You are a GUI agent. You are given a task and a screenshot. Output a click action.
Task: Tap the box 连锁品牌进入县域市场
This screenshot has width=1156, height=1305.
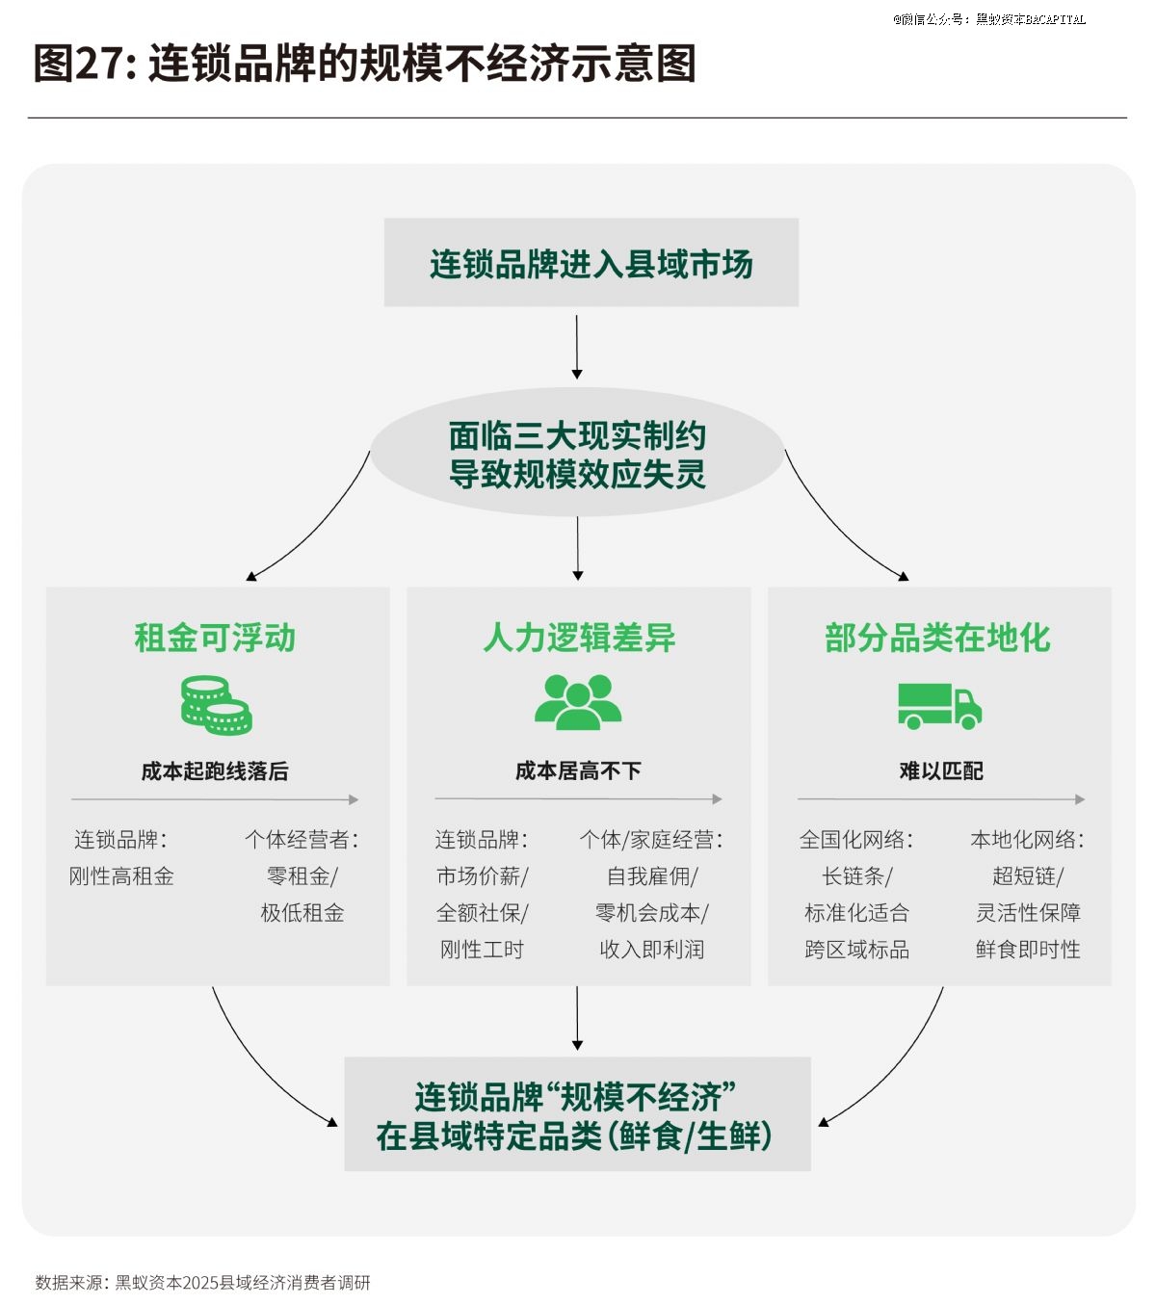[591, 263]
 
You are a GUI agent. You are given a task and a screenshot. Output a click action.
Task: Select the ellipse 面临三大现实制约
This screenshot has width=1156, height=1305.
[577, 454]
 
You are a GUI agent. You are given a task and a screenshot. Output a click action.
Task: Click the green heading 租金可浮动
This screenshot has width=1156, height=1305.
[215, 638]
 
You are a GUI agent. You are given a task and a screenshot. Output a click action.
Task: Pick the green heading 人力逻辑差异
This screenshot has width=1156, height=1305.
[579, 638]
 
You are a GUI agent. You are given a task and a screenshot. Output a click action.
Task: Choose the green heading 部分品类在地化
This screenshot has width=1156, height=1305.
[937, 638]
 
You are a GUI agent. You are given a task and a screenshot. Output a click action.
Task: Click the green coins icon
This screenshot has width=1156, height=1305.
[216, 705]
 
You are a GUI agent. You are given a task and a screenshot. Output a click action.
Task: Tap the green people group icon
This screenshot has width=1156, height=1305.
[578, 702]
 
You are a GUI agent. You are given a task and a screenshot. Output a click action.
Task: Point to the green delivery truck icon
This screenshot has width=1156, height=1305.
[939, 706]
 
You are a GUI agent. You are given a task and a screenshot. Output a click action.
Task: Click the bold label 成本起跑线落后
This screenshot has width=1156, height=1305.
[215, 770]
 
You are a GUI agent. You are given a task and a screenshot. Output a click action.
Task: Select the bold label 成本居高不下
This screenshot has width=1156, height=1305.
[578, 770]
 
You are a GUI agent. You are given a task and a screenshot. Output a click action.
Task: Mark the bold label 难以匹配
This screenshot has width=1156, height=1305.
[941, 770]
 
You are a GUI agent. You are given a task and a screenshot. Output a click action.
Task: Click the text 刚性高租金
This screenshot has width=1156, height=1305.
[121, 876]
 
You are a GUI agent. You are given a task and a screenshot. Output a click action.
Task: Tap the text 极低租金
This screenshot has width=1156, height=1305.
[302, 913]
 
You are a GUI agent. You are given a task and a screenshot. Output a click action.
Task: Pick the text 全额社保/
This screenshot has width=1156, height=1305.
[482, 913]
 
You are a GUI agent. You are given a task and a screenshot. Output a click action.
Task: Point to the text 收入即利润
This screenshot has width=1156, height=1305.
[652, 950]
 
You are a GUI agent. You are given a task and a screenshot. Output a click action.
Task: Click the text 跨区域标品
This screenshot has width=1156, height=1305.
[856, 950]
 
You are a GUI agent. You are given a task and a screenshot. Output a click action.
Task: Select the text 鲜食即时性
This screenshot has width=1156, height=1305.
[1028, 950]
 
